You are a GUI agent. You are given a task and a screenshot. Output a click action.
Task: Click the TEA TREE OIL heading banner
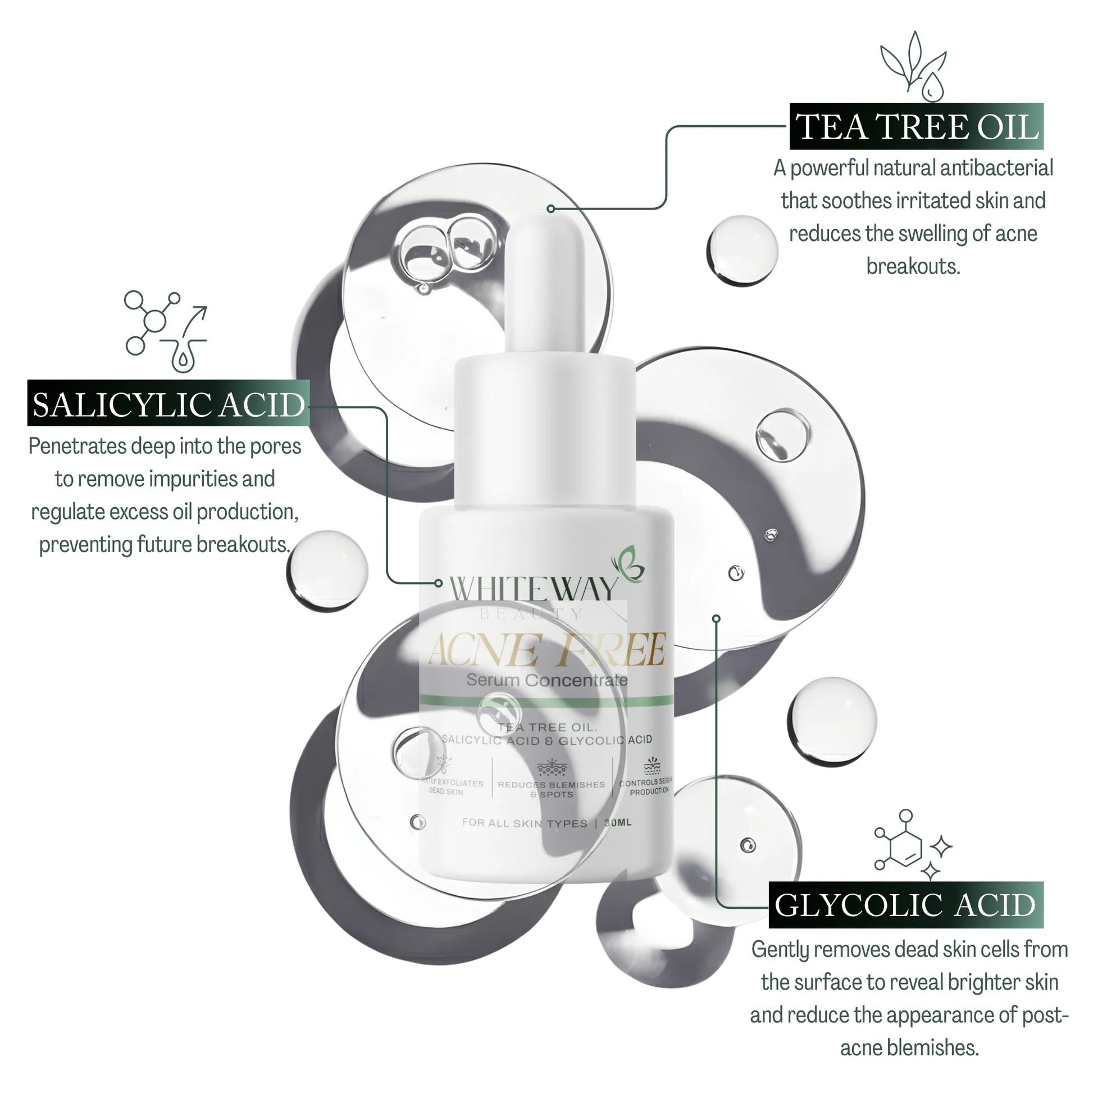coord(916,126)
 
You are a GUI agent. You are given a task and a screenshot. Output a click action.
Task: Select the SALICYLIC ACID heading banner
coord(168,404)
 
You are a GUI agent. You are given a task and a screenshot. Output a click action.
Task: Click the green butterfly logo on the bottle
coord(628,564)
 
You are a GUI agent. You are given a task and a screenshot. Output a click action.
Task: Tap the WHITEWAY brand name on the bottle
coord(532,590)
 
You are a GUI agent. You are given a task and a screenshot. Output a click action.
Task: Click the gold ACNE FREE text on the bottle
coord(546,650)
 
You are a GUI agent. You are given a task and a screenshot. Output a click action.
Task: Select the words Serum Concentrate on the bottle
coord(547,680)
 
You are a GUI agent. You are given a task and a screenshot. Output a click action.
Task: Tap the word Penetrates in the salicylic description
coord(78,447)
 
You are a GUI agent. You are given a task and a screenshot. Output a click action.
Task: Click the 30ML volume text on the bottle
coord(618,823)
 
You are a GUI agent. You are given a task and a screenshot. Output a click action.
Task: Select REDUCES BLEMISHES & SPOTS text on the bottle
coord(551,789)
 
